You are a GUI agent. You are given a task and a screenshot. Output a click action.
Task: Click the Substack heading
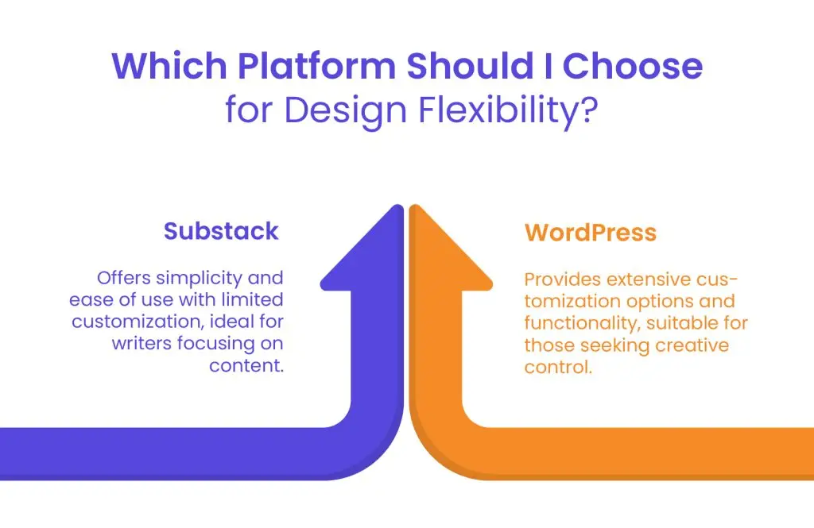click(x=221, y=231)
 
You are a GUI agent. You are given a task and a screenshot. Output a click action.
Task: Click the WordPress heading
click(x=591, y=233)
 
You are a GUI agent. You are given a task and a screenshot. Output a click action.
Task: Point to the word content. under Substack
click(x=246, y=365)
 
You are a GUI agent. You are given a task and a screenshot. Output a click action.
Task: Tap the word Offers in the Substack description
click(x=123, y=278)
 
